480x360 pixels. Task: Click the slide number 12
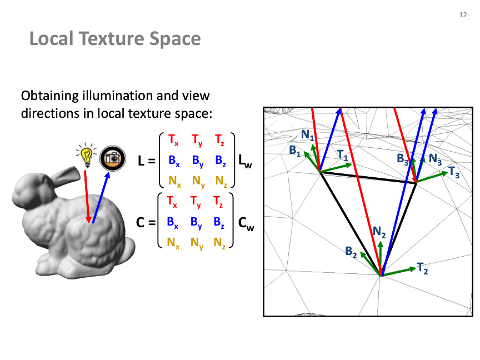(463, 14)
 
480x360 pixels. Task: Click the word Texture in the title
(112, 38)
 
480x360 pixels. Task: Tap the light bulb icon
(86, 154)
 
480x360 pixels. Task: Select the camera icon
(113, 158)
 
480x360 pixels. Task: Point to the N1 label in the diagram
(307, 134)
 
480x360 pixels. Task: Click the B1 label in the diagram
(295, 151)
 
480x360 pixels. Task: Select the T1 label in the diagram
(343, 155)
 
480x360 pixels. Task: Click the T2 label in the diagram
(422, 268)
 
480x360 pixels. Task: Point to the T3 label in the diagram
(454, 172)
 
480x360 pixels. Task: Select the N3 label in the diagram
(435, 159)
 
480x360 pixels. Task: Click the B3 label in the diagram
(403, 159)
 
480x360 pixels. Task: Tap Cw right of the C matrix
(246, 223)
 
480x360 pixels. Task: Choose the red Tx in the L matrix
(173, 140)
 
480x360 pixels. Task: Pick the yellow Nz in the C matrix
(219, 243)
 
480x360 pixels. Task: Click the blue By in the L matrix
(198, 161)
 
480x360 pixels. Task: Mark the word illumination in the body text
(117, 96)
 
